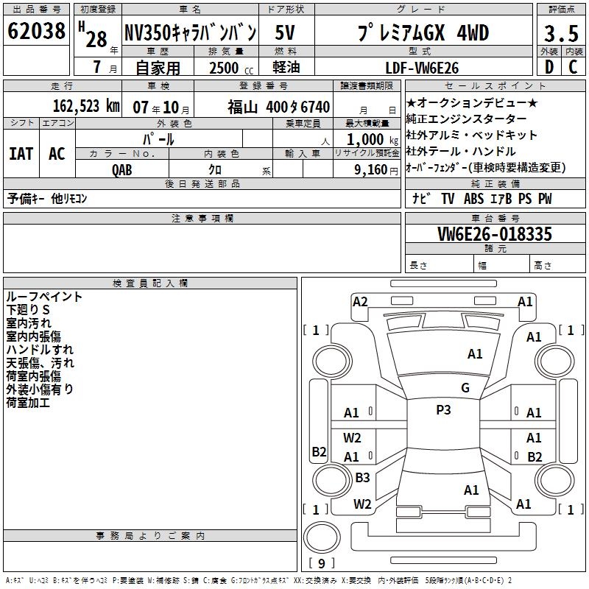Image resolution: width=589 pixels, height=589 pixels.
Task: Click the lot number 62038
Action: tap(36, 30)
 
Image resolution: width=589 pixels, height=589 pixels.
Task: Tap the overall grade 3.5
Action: tap(561, 33)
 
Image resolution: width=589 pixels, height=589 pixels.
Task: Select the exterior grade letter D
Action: tap(549, 67)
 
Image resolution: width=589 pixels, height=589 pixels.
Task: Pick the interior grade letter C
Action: tap(573, 67)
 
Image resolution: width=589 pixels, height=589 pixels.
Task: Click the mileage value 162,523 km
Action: tap(86, 106)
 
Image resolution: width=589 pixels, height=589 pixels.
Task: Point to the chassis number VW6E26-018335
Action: tap(495, 234)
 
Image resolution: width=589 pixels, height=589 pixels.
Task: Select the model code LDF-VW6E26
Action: tap(422, 68)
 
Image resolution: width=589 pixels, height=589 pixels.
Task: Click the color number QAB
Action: tap(122, 170)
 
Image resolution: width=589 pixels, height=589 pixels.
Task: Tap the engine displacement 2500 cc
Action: tap(231, 68)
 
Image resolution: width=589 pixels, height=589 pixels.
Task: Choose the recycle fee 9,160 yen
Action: tap(376, 170)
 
